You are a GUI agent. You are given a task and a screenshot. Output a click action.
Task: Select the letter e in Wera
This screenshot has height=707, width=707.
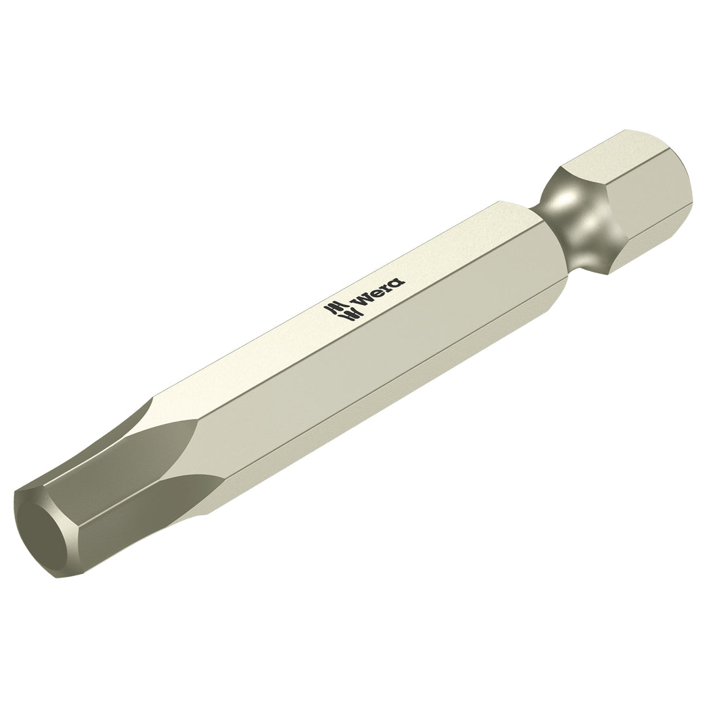tap(374, 295)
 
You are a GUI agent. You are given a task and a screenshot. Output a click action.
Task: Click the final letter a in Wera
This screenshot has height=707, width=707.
tap(396, 282)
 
